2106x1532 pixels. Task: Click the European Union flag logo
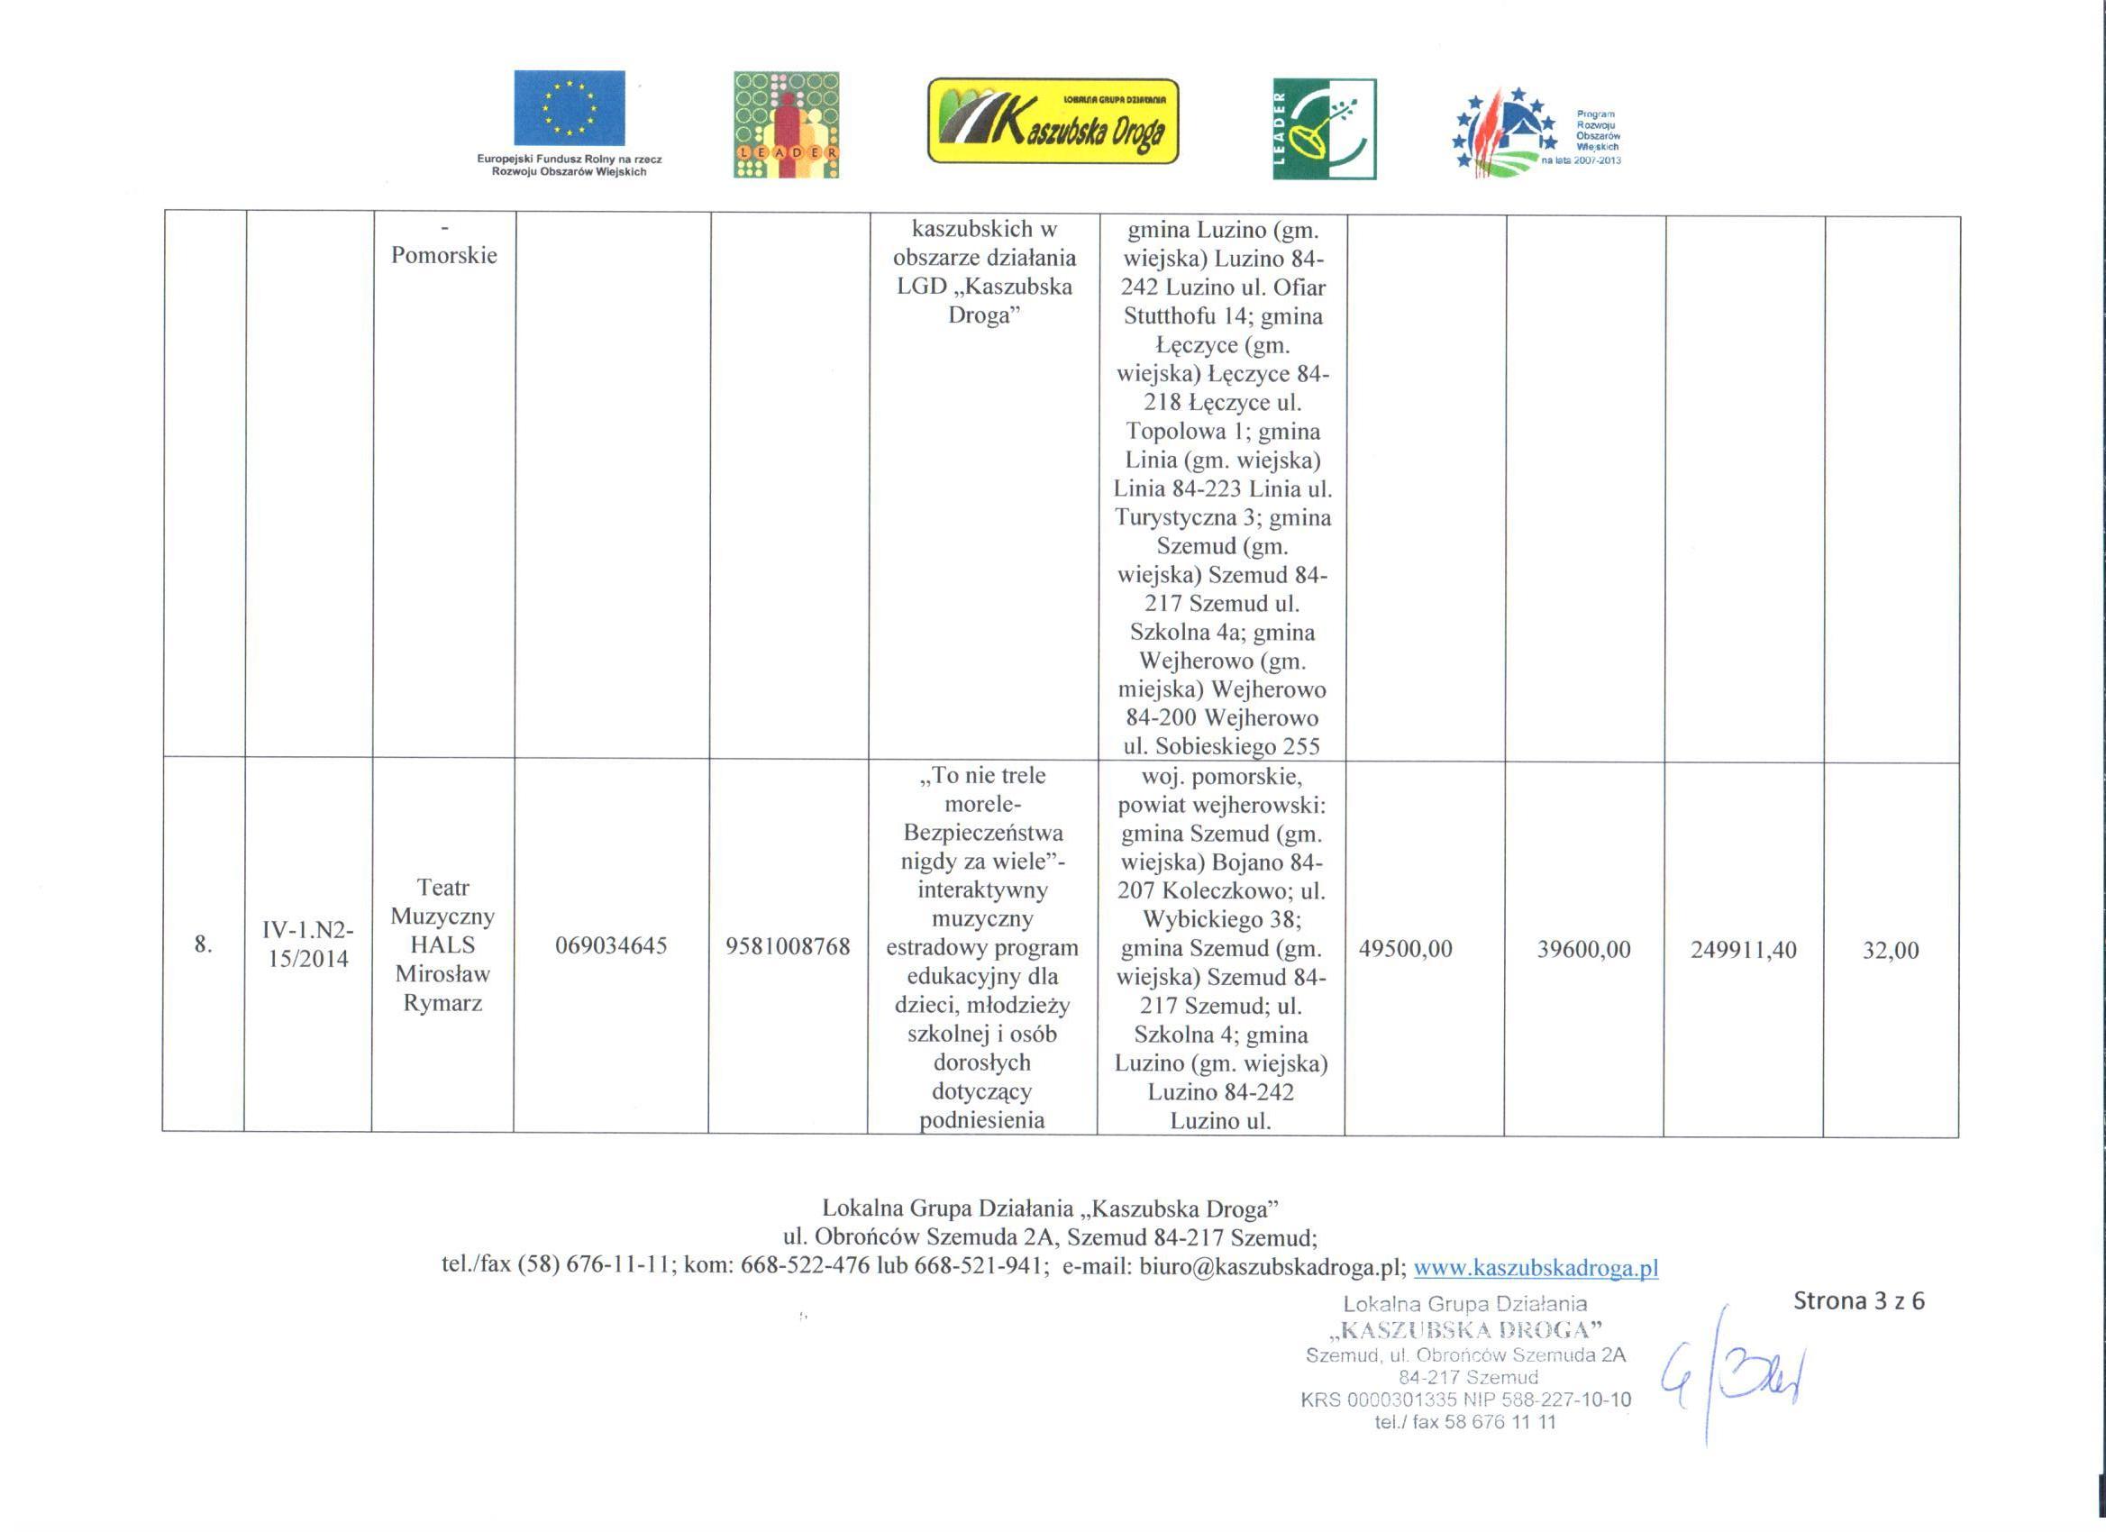pyautogui.click(x=570, y=109)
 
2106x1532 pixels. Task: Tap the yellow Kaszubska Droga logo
pyautogui.click(x=1052, y=121)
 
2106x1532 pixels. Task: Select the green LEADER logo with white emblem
pyautogui.click(x=1324, y=128)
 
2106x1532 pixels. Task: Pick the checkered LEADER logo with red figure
pyautogui.click(x=786, y=124)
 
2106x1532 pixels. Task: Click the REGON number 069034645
pyautogui.click(x=611, y=946)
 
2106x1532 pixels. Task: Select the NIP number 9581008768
pyautogui.click(x=789, y=946)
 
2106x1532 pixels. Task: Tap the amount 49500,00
pyautogui.click(x=1405, y=949)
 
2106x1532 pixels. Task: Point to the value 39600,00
pyautogui.click(x=1584, y=950)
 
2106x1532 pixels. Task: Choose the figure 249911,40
pyautogui.click(x=1743, y=950)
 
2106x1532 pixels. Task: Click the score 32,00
pyautogui.click(x=1891, y=950)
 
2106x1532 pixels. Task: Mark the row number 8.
pyautogui.click(x=203, y=945)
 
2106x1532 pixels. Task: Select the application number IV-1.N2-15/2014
pyautogui.click(x=307, y=945)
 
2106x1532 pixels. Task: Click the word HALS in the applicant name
pyautogui.click(x=443, y=945)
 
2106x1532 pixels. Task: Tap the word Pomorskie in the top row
pyautogui.click(x=444, y=255)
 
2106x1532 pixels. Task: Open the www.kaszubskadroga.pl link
pyautogui.click(x=1535, y=1267)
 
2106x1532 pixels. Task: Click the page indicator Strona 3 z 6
pyautogui.click(x=1859, y=1300)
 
